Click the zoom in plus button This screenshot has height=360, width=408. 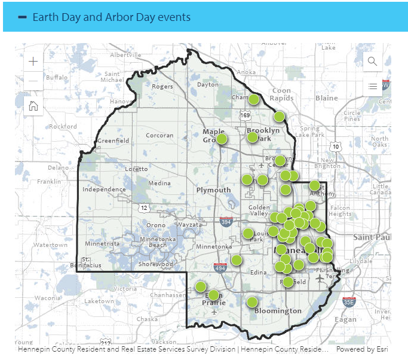pyautogui.click(x=33, y=62)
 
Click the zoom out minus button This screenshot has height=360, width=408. pyautogui.click(x=33, y=81)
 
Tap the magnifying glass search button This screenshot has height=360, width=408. pyautogui.click(x=373, y=62)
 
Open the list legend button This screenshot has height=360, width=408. pyautogui.click(x=373, y=87)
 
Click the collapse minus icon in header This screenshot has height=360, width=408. pyautogui.click(x=23, y=17)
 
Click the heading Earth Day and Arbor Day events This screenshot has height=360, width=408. pyautogui.click(x=112, y=17)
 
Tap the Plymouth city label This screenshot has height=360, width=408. pyautogui.click(x=213, y=190)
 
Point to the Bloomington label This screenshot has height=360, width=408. pyautogui.click(x=278, y=311)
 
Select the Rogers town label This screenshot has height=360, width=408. pyautogui.click(x=162, y=87)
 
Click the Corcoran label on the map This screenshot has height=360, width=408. pyautogui.click(x=159, y=136)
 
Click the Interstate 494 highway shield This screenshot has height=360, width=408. pyautogui.click(x=220, y=269)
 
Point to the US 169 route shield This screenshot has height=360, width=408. pyautogui.click(x=246, y=115)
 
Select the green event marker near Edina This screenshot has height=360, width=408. pyautogui.click(x=237, y=260)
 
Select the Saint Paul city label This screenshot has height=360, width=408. pyautogui.click(x=372, y=237)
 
